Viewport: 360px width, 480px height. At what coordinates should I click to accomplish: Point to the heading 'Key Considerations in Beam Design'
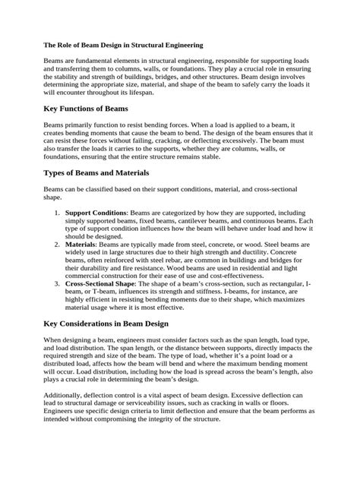point(114,324)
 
